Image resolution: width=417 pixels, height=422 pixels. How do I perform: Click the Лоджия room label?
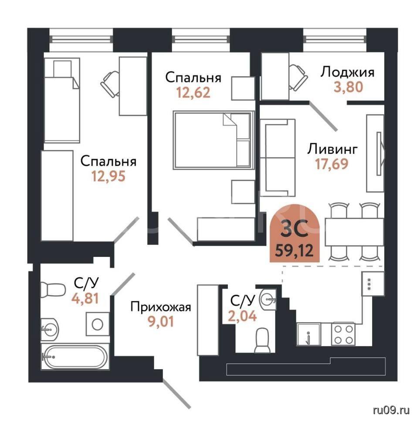click(x=347, y=72)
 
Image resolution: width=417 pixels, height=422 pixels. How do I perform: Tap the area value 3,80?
click(x=348, y=87)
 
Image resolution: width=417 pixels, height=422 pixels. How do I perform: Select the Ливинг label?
click(x=332, y=149)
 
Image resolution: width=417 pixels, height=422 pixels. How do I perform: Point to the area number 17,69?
click(x=332, y=164)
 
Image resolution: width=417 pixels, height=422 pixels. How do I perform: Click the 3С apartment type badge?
click(x=295, y=233)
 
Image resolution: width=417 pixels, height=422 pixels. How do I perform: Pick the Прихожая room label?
click(x=161, y=307)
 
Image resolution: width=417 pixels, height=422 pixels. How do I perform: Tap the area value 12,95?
click(x=108, y=176)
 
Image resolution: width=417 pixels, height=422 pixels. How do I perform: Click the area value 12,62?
click(x=193, y=93)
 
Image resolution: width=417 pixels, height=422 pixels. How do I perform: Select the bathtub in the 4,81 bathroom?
click(x=75, y=357)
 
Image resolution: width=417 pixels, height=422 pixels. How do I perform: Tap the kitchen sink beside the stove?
click(x=309, y=334)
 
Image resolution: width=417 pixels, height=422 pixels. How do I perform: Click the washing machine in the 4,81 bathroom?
click(x=98, y=324)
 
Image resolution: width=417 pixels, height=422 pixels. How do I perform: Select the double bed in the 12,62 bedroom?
click(x=214, y=140)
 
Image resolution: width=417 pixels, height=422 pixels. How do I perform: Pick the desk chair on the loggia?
click(x=298, y=78)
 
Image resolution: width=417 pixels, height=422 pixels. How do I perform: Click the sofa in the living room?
click(x=278, y=158)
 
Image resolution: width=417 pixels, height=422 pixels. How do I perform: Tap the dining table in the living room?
click(x=354, y=232)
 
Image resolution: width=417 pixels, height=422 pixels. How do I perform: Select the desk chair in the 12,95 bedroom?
click(x=110, y=84)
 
